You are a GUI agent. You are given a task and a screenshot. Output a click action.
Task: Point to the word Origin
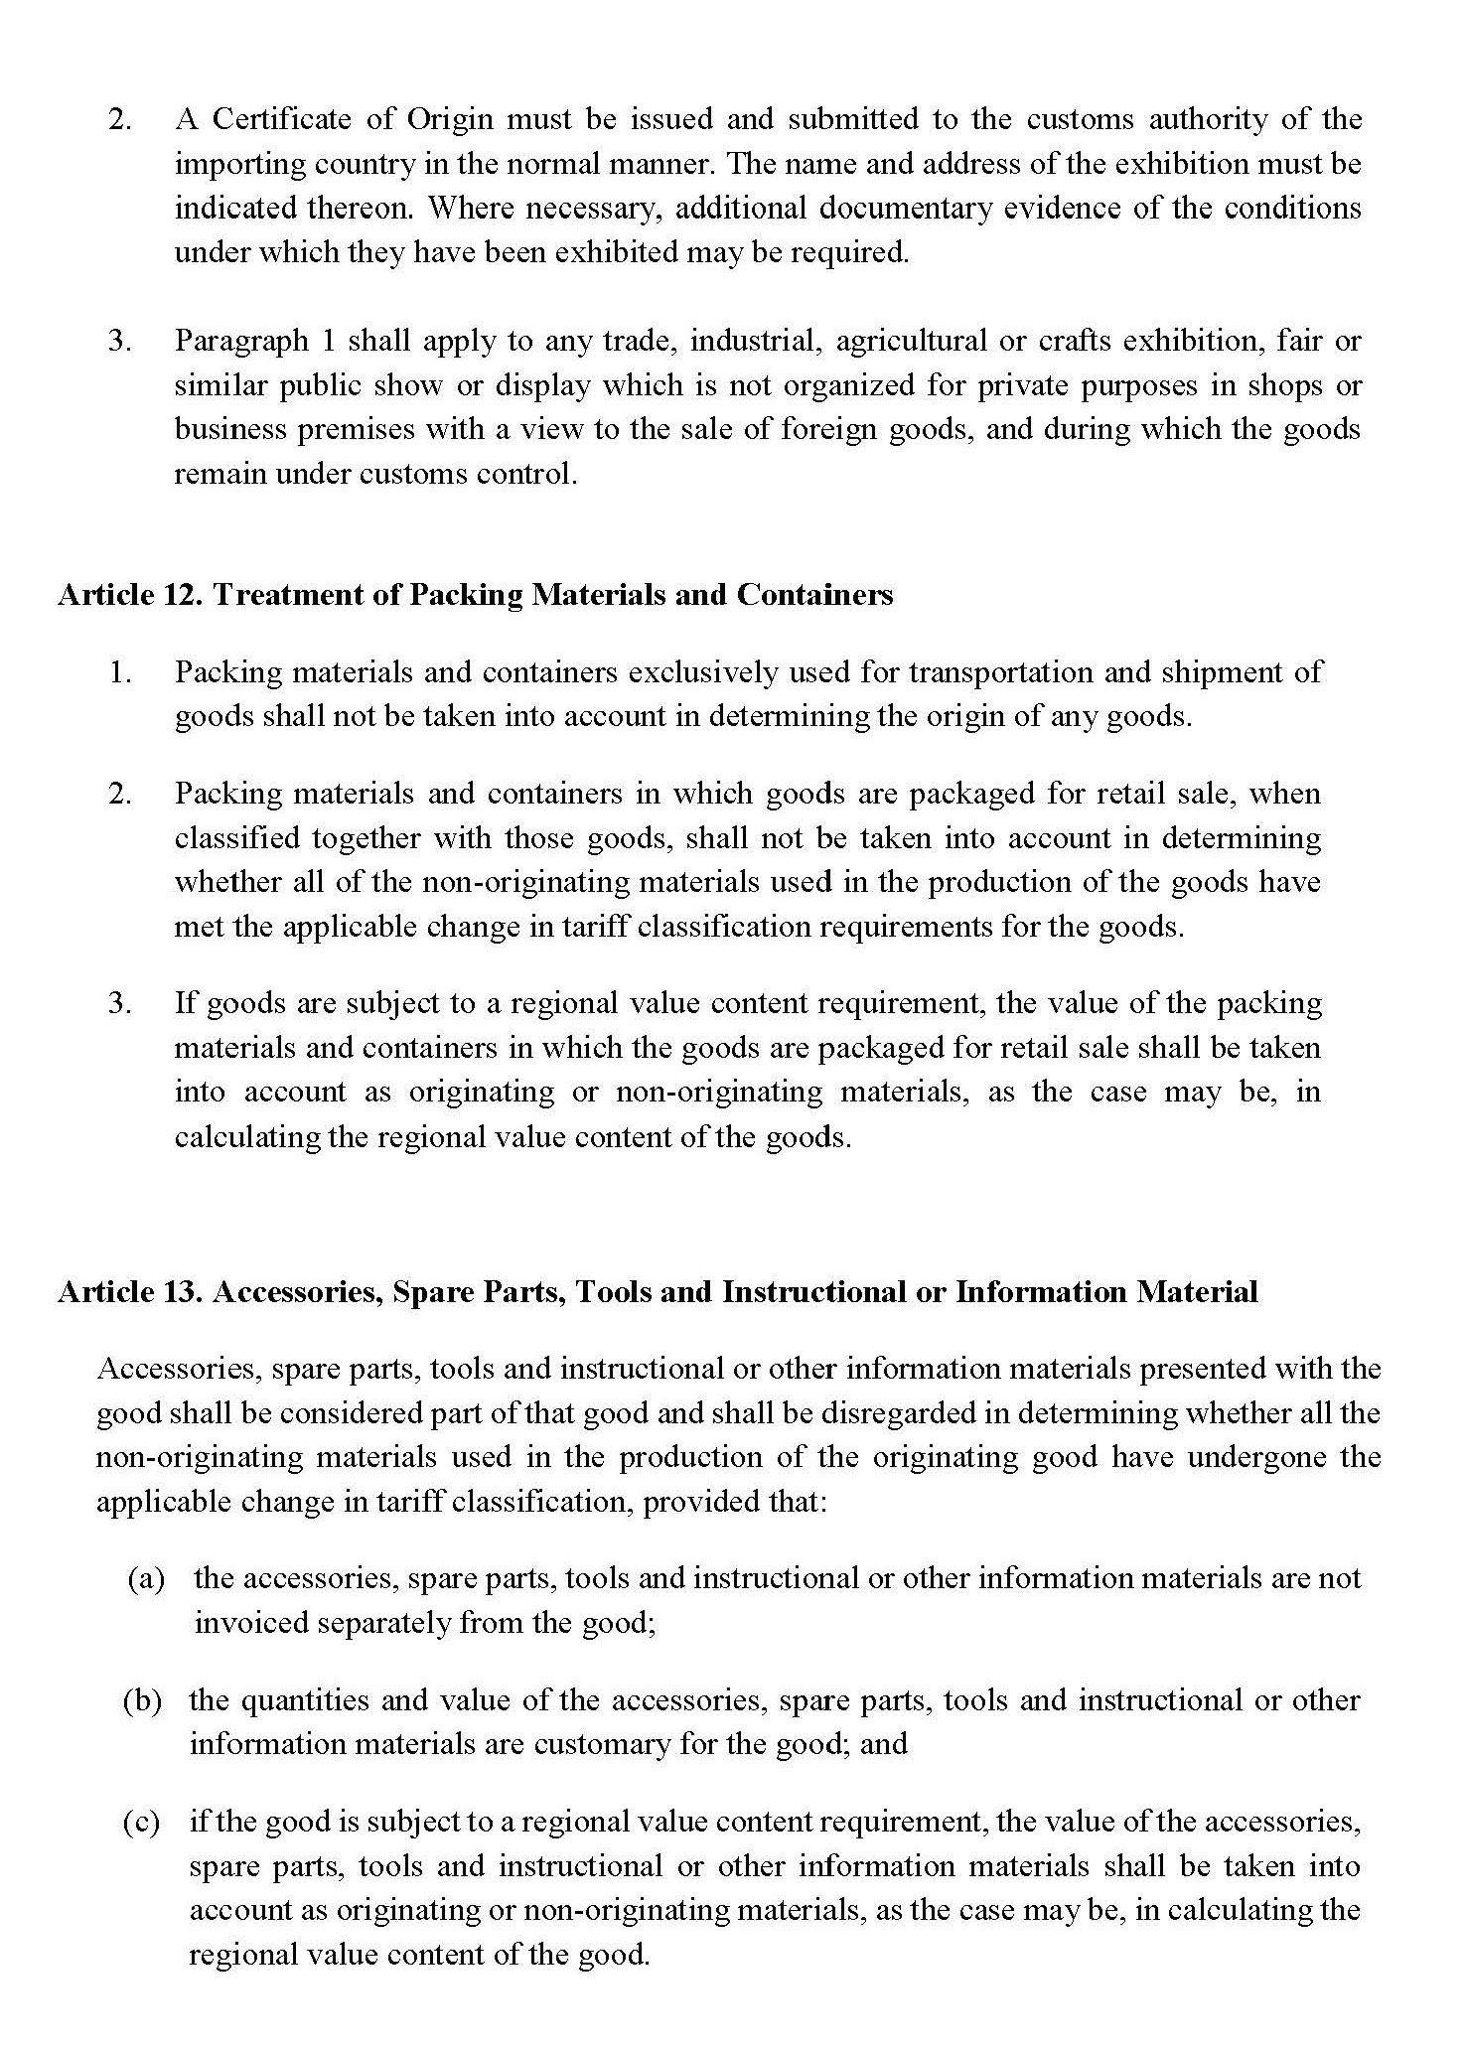click(449, 120)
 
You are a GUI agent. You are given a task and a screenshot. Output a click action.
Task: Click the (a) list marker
click(146, 1579)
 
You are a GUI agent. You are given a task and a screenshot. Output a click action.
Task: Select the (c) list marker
click(141, 1823)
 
